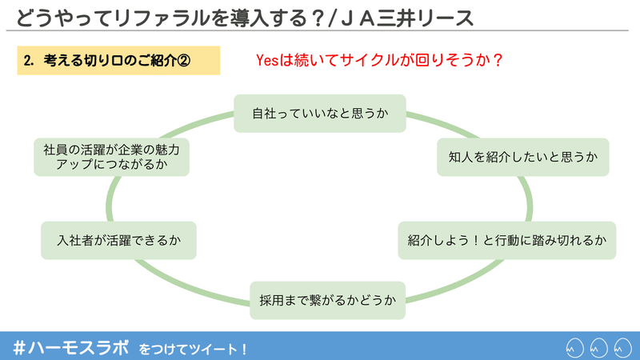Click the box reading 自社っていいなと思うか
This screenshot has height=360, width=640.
[319, 114]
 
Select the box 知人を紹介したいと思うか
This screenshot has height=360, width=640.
[523, 157]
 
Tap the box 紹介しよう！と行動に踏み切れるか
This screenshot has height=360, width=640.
[507, 241]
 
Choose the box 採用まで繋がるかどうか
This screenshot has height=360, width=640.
[328, 301]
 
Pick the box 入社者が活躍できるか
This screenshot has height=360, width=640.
[118, 241]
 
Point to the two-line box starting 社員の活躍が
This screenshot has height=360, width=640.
[111, 157]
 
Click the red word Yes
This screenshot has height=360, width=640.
[267, 61]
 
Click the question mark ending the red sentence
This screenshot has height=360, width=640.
[497, 61]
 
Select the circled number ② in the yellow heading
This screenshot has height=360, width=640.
[184, 61]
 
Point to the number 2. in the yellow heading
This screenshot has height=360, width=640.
[28, 61]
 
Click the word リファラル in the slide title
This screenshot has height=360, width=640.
[162, 18]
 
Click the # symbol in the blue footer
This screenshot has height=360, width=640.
[19, 348]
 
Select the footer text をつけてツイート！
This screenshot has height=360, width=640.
[193, 350]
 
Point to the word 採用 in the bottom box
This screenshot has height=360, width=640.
[271, 301]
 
